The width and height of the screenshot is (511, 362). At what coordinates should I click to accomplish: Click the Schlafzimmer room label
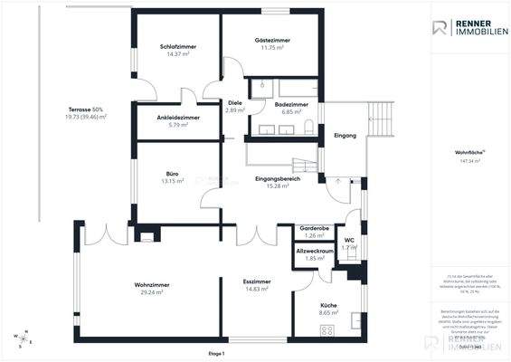[177, 46]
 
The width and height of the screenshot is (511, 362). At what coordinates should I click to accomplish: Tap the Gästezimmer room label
[272, 41]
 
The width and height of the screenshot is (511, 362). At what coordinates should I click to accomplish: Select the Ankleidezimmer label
[178, 118]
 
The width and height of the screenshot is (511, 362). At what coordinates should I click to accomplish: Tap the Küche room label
[328, 306]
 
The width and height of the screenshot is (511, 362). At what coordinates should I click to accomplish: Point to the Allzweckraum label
[315, 251]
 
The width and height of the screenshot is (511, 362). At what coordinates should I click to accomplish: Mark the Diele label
[234, 103]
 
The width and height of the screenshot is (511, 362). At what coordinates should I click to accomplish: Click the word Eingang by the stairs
[345, 136]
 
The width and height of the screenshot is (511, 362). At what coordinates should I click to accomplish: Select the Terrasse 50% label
[86, 110]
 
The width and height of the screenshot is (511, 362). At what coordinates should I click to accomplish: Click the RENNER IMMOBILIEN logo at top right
[468, 28]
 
